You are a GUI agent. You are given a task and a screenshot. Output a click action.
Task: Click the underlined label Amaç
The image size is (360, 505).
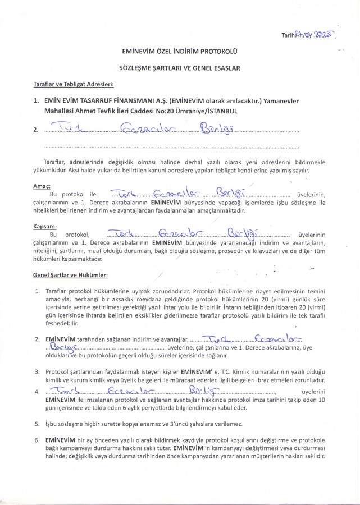(x=42, y=186)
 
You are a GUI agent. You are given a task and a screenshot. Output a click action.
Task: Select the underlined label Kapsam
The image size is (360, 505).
(x=45, y=226)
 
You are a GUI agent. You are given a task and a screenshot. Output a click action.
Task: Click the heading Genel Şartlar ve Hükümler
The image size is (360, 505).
(x=71, y=276)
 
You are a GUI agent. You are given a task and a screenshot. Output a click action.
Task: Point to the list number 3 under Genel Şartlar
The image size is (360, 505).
(x=37, y=371)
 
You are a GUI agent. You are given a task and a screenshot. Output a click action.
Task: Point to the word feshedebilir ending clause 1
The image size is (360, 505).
(x=62, y=324)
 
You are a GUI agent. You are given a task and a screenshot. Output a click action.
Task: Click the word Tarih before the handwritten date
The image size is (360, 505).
(x=288, y=35)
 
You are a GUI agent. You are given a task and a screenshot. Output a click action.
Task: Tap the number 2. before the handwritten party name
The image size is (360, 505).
(x=36, y=131)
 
